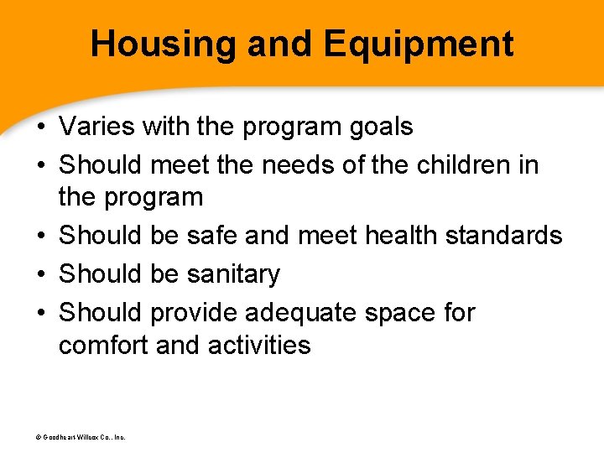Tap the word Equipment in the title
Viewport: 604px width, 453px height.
420,44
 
